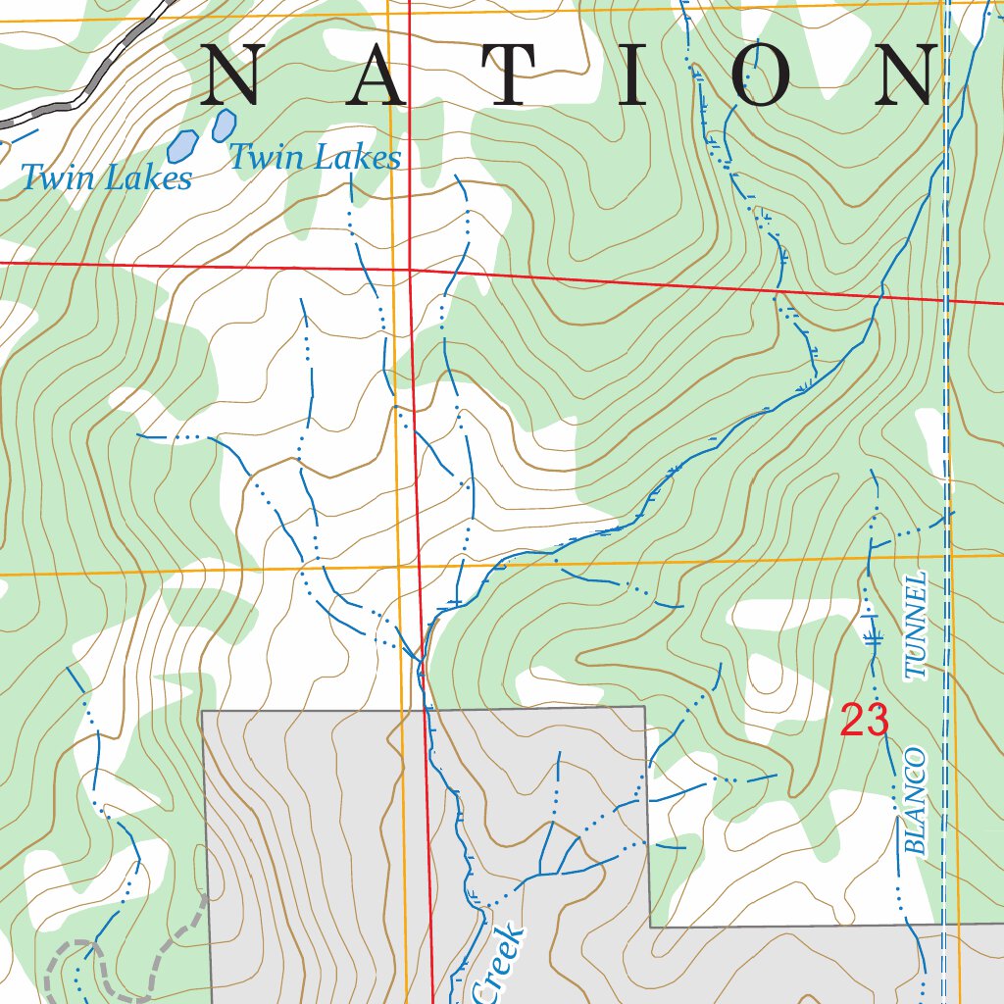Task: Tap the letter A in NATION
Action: (378, 75)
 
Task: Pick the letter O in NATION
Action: (761, 75)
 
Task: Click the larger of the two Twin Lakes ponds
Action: (181, 146)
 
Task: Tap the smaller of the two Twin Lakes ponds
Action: (225, 125)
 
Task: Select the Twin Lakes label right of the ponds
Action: (315, 157)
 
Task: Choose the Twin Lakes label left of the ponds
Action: (106, 178)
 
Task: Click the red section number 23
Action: (864, 722)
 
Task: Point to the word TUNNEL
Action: (916, 627)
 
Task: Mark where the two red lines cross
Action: (409, 269)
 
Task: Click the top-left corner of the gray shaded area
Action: (203, 711)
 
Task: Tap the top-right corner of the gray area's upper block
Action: (644, 707)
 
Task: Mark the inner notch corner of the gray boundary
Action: (650, 926)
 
